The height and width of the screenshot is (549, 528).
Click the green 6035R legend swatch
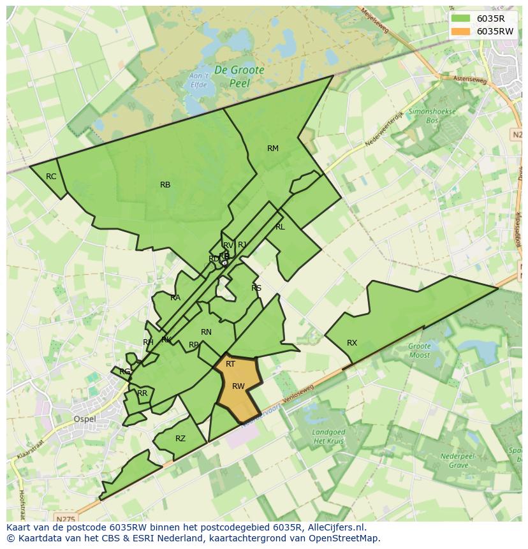coord(460,18)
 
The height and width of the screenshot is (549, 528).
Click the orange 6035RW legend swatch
coord(460,31)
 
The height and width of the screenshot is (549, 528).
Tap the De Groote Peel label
coord(239,76)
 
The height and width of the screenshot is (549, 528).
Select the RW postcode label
coord(238,386)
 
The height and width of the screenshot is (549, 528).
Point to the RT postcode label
coord(231,364)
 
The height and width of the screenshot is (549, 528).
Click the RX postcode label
coord(352,343)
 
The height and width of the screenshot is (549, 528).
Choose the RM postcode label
coord(273,149)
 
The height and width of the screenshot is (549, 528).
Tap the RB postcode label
coord(165,185)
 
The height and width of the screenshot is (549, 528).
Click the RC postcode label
coord(51,177)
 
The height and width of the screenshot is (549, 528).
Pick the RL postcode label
coord(280,227)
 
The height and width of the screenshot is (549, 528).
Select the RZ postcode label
coord(180,439)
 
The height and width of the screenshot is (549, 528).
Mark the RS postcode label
coord(256,288)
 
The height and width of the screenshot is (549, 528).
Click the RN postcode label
coord(206,332)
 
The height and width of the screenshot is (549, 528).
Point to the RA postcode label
coord(175,298)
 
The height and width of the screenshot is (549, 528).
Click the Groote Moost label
coord(420,351)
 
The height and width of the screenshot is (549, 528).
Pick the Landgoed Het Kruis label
coord(329,437)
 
